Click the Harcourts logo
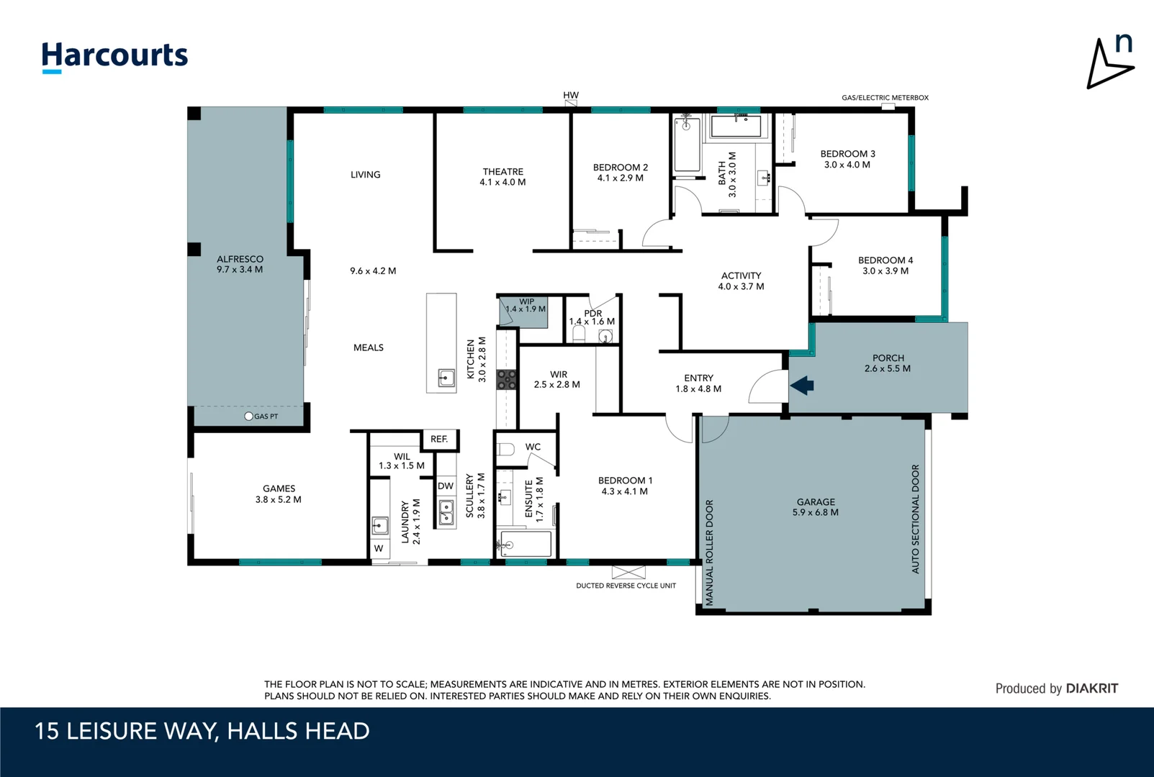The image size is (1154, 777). click(x=114, y=56)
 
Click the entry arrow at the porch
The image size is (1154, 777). click(x=802, y=386)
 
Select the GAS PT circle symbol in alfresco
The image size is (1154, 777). click(x=249, y=416)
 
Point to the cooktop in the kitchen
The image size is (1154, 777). click(x=507, y=380)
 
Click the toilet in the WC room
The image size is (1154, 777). click(x=505, y=449)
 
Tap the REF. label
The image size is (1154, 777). click(x=439, y=439)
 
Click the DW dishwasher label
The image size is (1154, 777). click(x=446, y=486)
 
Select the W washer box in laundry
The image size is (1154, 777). click(x=379, y=548)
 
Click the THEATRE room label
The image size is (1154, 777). click(x=503, y=171)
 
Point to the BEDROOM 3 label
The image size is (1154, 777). click(x=847, y=154)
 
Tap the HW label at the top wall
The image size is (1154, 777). click(x=571, y=95)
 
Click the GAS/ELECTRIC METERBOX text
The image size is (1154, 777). click(x=885, y=98)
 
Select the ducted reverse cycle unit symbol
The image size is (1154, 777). click(x=628, y=573)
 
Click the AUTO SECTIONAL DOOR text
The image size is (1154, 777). click(x=916, y=519)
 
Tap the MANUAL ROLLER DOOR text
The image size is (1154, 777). click(x=709, y=552)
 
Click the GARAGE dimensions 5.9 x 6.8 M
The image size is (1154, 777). click(x=815, y=513)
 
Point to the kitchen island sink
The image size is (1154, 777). click(x=446, y=377)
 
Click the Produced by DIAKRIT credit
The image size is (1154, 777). click(x=1056, y=689)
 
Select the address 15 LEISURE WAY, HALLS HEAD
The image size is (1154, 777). click(x=202, y=731)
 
